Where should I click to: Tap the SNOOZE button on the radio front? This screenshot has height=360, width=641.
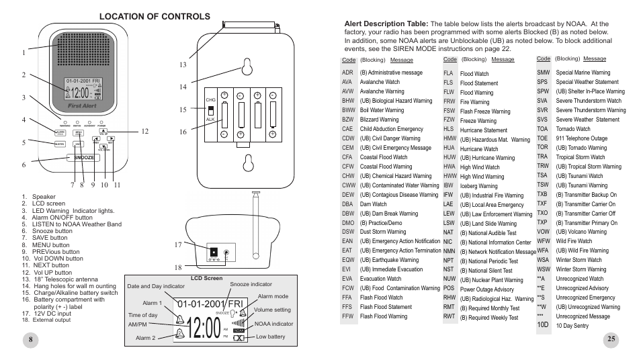(83, 157)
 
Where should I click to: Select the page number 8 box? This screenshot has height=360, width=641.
(30, 339)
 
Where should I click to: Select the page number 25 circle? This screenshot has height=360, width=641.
(611, 339)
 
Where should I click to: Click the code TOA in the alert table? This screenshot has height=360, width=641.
(542, 128)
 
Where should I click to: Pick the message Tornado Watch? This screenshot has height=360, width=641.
(572, 129)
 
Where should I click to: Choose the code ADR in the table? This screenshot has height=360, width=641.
(347, 73)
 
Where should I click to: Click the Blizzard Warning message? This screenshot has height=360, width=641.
(379, 120)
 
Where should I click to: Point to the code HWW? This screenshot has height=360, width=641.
(450, 176)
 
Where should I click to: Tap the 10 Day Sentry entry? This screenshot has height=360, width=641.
(572, 326)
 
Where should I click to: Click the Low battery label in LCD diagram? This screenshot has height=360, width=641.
(270, 336)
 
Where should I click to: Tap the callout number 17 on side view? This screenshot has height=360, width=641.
(178, 245)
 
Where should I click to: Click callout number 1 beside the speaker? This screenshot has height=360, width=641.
(23, 52)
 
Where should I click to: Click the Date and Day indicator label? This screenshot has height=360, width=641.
(155, 286)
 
